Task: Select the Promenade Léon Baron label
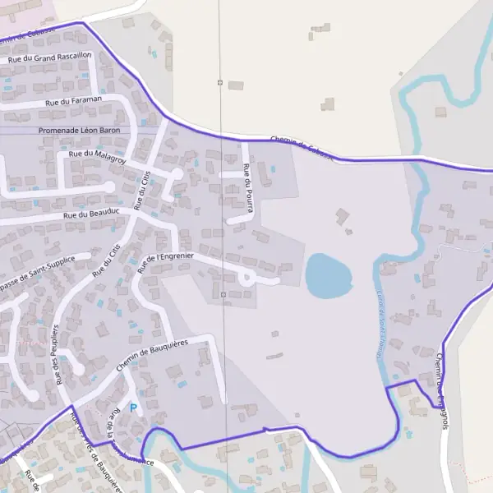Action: pyautogui.click(x=79, y=131)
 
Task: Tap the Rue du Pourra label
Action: pyautogui.click(x=246, y=182)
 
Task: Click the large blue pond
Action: pyautogui.click(x=327, y=276)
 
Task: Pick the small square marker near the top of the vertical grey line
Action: pyautogui.click(x=220, y=82)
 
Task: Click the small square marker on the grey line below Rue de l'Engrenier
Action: pyautogui.click(x=223, y=293)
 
